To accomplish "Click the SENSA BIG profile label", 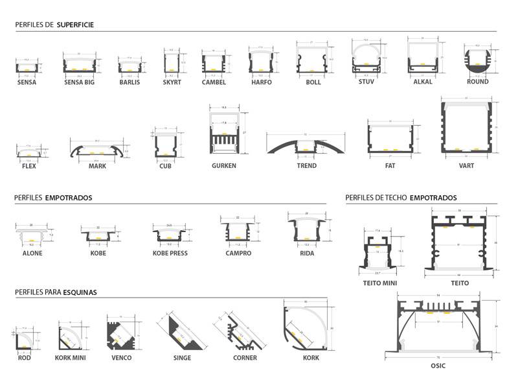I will pyautogui.click(x=80, y=82).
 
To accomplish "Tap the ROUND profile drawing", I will pyautogui.click(x=478, y=62).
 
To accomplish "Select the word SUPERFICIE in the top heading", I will pyautogui.click(x=76, y=25).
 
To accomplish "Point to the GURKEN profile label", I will pyautogui.click(x=223, y=165).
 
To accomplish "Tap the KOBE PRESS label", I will pyautogui.click(x=170, y=253).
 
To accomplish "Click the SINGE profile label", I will pyautogui.click(x=183, y=358).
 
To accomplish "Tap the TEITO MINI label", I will pyautogui.click(x=381, y=283).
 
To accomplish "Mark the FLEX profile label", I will pyautogui.click(x=29, y=165).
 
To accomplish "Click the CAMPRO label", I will pyautogui.click(x=234, y=253).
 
